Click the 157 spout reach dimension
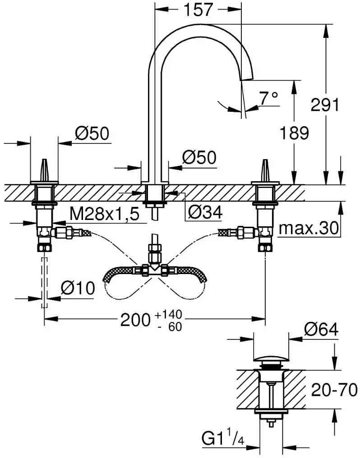198,9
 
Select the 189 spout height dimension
294,133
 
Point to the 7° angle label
269,98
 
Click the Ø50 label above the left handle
92,133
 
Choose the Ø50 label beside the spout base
199,157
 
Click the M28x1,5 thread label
105,215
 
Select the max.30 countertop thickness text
309,228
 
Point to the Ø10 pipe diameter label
78,288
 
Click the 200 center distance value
135,320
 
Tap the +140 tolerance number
169,315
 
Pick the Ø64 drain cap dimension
321,330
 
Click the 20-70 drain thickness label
334,389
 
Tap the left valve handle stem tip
44,160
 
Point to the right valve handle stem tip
265,160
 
